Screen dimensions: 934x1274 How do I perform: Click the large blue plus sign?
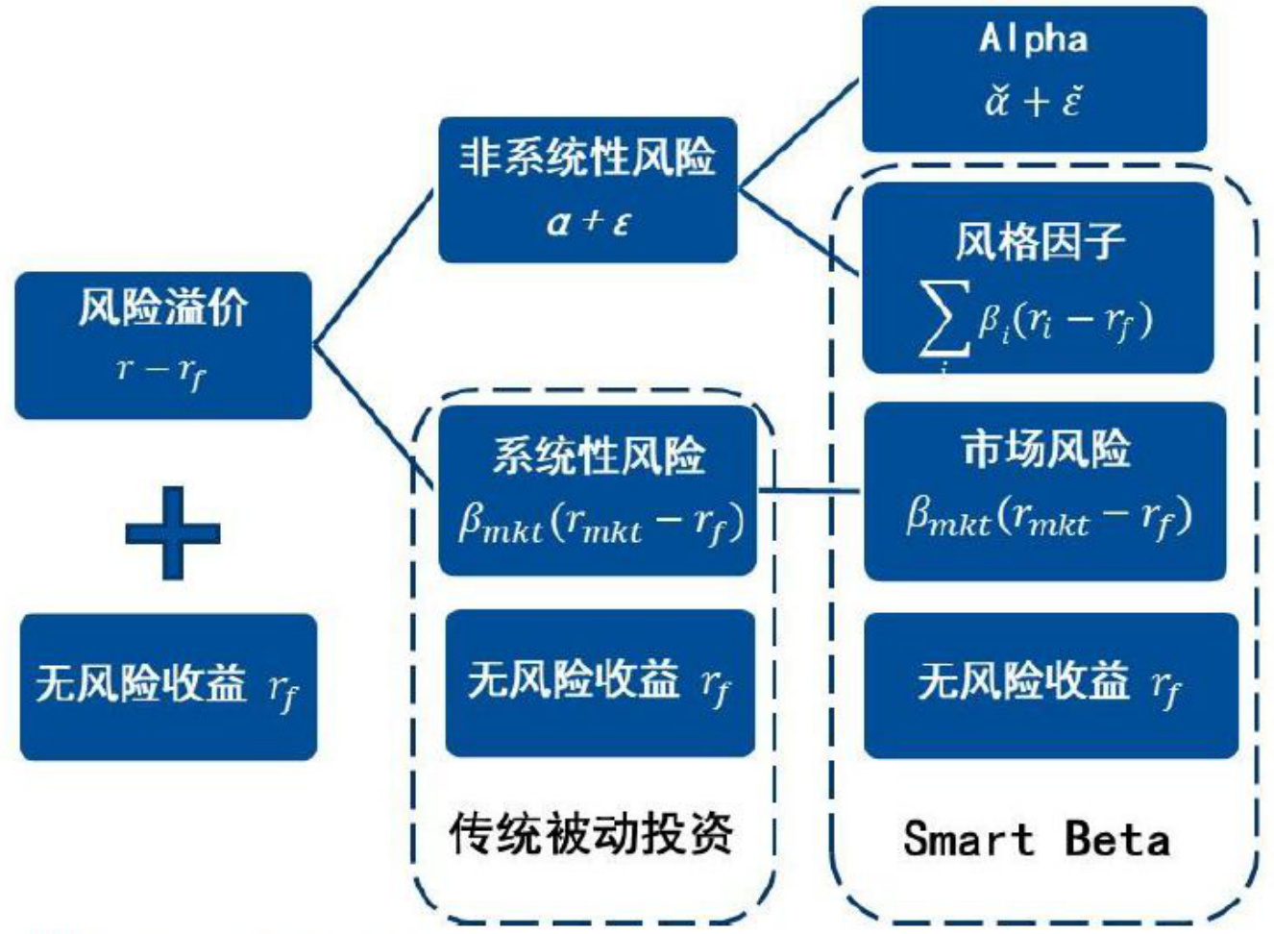pyautogui.click(x=173, y=532)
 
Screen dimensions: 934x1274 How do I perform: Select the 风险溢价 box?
pyautogui.click(x=163, y=345)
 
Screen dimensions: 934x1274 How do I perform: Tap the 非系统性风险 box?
pyautogui.click(x=587, y=189)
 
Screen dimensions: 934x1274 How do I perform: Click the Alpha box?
pyautogui.click(x=1034, y=79)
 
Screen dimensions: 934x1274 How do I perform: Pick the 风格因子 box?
pyautogui.click(x=1038, y=278)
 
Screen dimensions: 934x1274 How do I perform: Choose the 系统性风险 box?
pyautogui.click(x=598, y=490)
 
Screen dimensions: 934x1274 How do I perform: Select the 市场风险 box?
pyautogui.click(x=1044, y=491)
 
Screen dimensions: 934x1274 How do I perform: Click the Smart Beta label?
pyautogui.click(x=1037, y=838)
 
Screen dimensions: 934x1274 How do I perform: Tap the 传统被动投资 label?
pyautogui.click(x=591, y=832)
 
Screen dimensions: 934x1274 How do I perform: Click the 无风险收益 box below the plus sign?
pyautogui.click(x=168, y=686)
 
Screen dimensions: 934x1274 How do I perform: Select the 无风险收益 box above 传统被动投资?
pyautogui.click(x=600, y=682)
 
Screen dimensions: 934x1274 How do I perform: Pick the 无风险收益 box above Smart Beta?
pyautogui.click(x=1050, y=684)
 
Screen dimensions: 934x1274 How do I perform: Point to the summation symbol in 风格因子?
pyautogui.click(x=943, y=320)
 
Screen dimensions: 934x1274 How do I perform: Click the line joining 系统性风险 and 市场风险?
pyautogui.click(x=810, y=491)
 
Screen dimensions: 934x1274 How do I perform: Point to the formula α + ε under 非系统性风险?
pyautogui.click(x=588, y=222)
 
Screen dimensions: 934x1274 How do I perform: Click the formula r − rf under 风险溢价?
pyautogui.click(x=161, y=370)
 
